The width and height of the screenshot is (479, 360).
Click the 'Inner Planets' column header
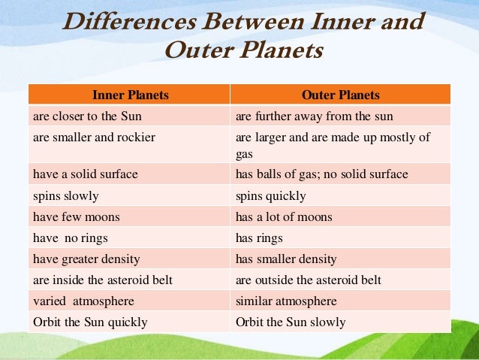tap(130, 95)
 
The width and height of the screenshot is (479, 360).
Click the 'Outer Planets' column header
tap(340, 95)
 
